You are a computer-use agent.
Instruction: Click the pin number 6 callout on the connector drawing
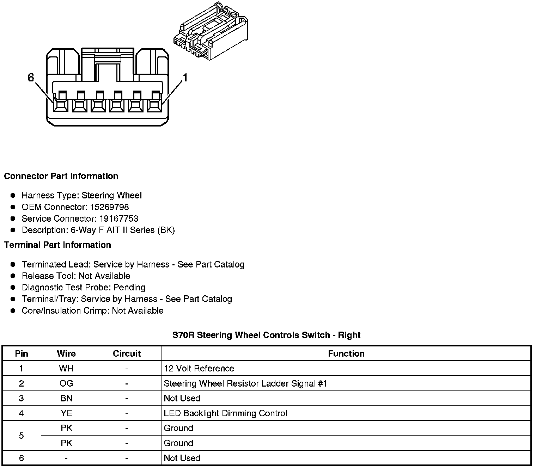tap(31, 78)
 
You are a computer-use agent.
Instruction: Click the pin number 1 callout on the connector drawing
tap(185, 78)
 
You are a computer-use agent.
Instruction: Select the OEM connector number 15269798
tap(109, 207)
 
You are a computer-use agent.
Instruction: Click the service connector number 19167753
tap(118, 218)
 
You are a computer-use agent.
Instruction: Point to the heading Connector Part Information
tap(61, 176)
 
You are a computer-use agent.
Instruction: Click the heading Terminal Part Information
tap(57, 245)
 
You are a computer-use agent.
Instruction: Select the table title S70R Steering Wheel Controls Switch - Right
tap(266, 335)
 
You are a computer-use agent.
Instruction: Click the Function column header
tap(346, 353)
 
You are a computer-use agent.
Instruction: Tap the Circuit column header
tap(127, 353)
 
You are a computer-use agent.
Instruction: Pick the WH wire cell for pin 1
tap(66, 368)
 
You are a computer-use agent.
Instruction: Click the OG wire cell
tap(66, 383)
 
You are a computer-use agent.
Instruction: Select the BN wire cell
tap(66, 398)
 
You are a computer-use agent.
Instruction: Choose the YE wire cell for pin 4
tap(66, 413)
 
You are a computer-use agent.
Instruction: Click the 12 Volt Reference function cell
tap(199, 368)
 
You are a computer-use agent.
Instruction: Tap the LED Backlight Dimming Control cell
tap(225, 413)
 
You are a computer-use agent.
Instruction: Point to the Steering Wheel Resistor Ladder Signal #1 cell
tap(245, 383)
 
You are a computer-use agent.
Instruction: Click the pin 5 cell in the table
tap(22, 436)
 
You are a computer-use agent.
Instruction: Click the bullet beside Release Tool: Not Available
tap(13, 276)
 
